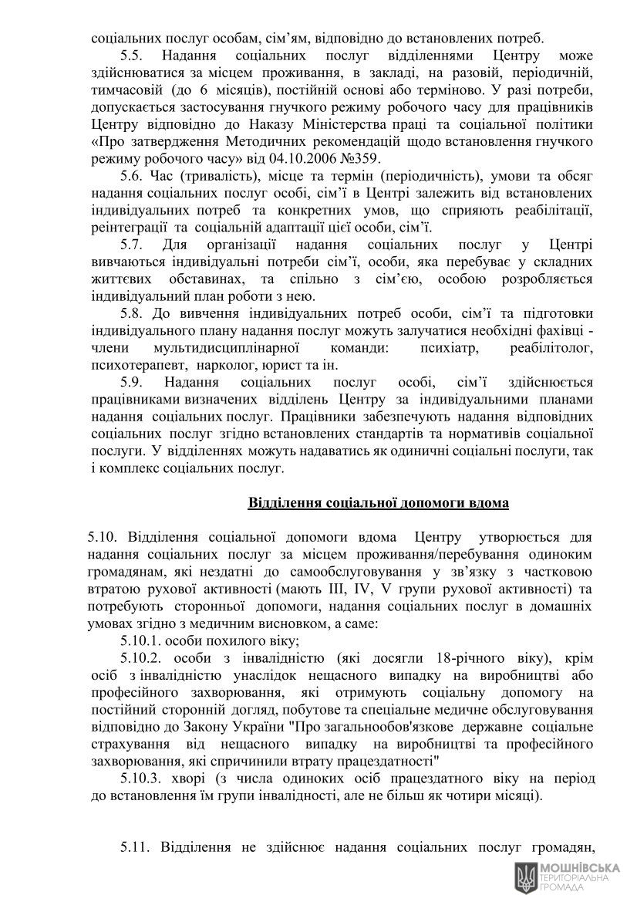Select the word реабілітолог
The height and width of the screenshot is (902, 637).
pos(551,349)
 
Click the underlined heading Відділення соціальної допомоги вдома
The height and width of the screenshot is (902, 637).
pos(378,503)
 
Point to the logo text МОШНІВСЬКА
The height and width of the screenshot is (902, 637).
pos(579,867)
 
